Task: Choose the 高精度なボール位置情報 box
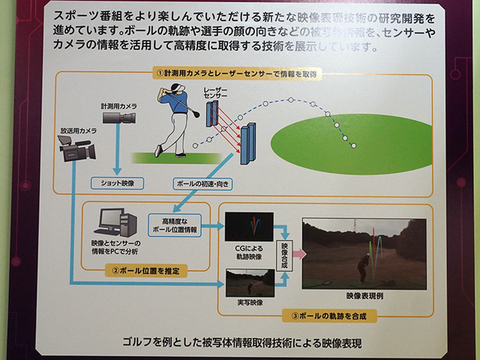174,226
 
